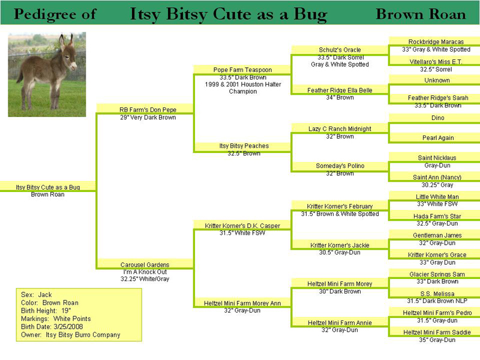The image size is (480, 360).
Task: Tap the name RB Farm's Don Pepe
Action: pyautogui.click(x=148, y=110)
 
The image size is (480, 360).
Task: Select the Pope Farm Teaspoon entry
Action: pyautogui.click(x=242, y=70)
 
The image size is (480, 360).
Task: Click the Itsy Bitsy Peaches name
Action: pyautogui.click(x=244, y=146)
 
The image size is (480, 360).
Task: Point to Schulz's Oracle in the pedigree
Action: pyautogui.click(x=340, y=50)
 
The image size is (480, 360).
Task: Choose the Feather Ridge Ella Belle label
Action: pyautogui.click(x=340, y=91)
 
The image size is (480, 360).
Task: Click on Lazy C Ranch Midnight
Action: pyautogui.click(x=340, y=129)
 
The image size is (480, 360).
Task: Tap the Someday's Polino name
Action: pyautogui.click(x=340, y=166)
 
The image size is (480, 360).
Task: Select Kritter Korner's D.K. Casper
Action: pyautogui.click(x=242, y=226)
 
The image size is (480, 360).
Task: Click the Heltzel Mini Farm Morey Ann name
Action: pyautogui.click(x=242, y=304)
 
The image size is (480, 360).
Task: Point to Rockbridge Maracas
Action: pyautogui.click(x=436, y=41)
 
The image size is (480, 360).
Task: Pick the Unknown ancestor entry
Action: pyautogui.click(x=437, y=80)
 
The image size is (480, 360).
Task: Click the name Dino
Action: pyautogui.click(x=438, y=118)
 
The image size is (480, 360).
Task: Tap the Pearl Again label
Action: pyautogui.click(x=438, y=138)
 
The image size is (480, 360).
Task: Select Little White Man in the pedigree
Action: pyautogui.click(x=437, y=197)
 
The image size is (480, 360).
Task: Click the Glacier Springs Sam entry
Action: pyautogui.click(x=437, y=274)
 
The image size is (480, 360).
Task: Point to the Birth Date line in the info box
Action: pyautogui.click(x=52, y=326)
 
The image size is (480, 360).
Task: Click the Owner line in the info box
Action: pyautogui.click(x=70, y=335)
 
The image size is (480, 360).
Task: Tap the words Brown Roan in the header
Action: pyautogui.click(x=421, y=14)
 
